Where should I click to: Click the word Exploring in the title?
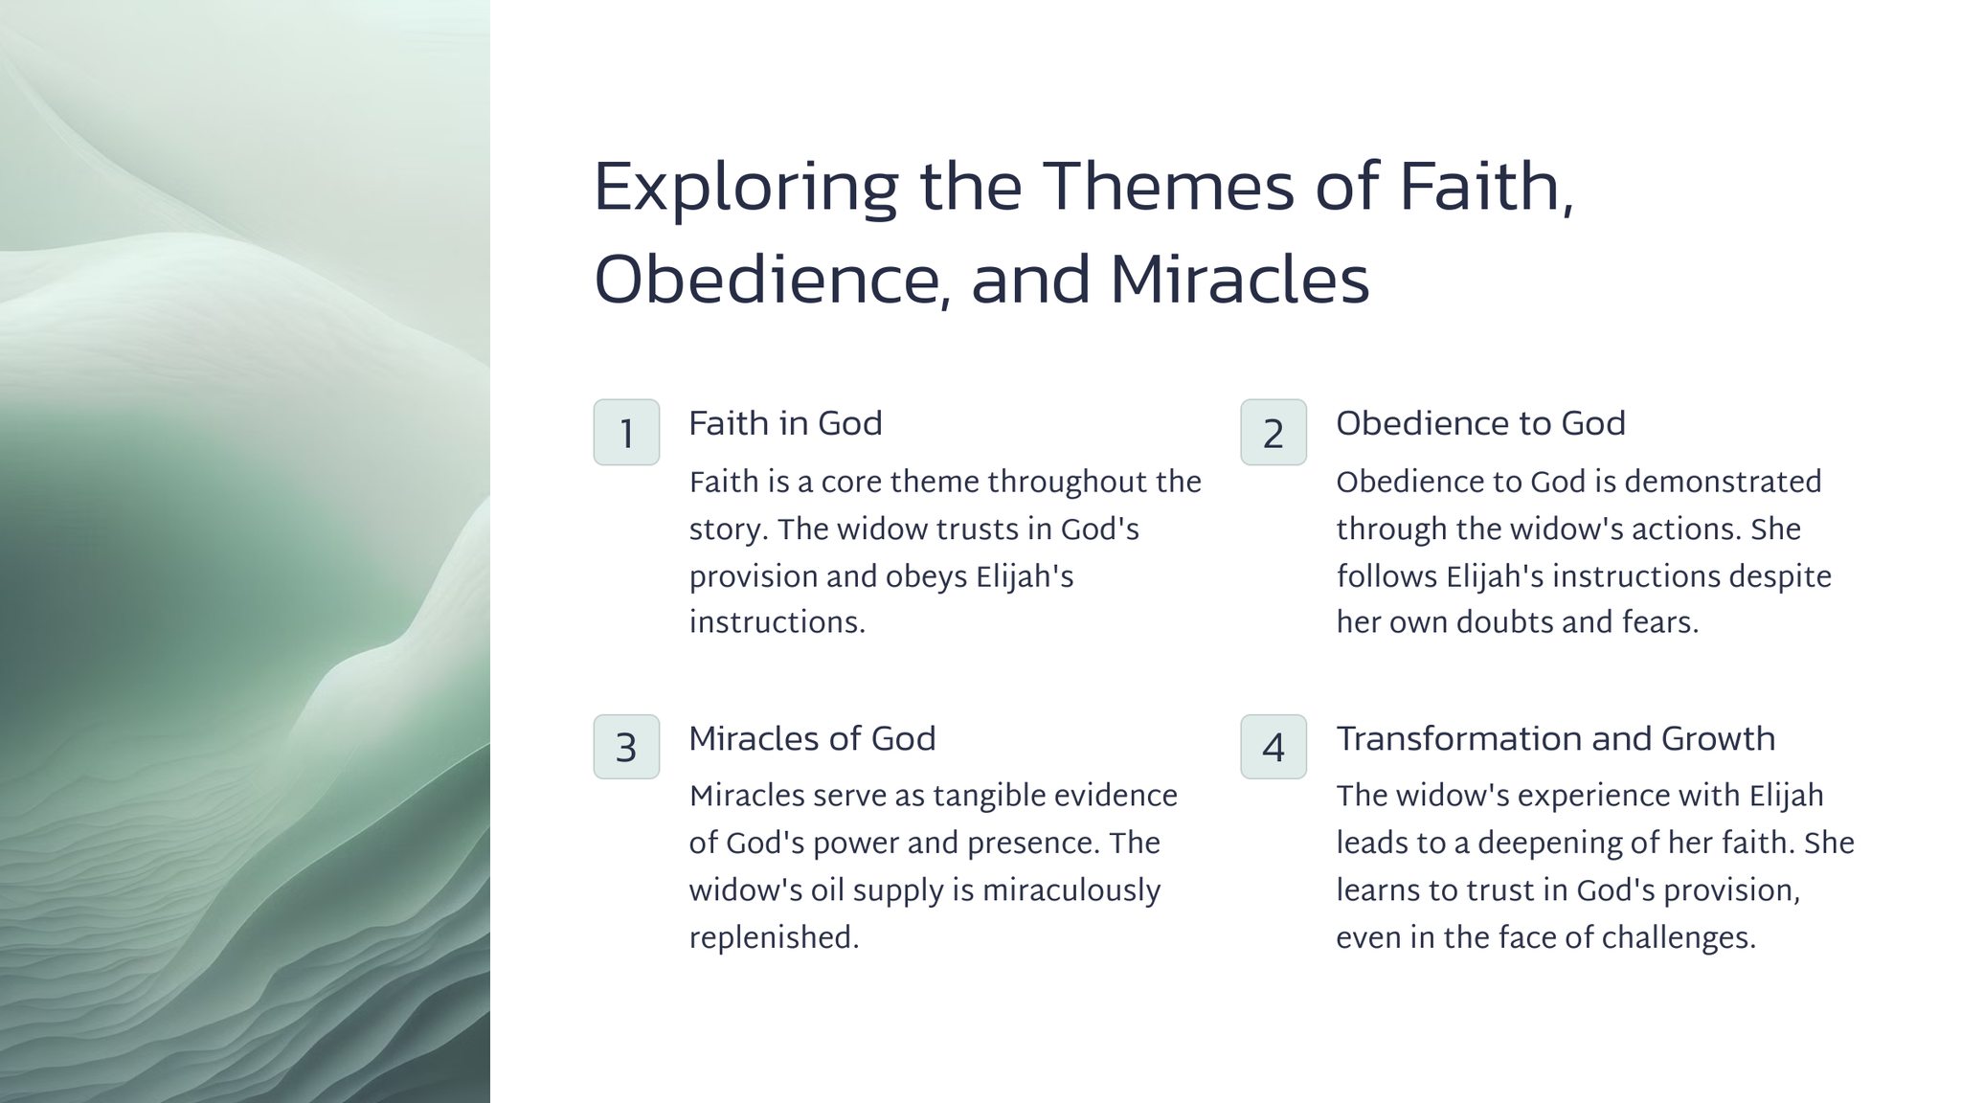point(746,189)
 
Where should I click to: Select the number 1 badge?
point(626,432)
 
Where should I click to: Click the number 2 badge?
point(1274,432)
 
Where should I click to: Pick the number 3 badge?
point(626,747)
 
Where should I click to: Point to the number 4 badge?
point(1274,747)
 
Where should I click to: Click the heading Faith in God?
point(785,423)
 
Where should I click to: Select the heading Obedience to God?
point(1480,423)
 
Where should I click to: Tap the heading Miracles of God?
point(812,738)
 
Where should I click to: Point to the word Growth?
point(1718,738)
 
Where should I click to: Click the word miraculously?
point(1071,890)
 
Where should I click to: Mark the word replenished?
point(774,938)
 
